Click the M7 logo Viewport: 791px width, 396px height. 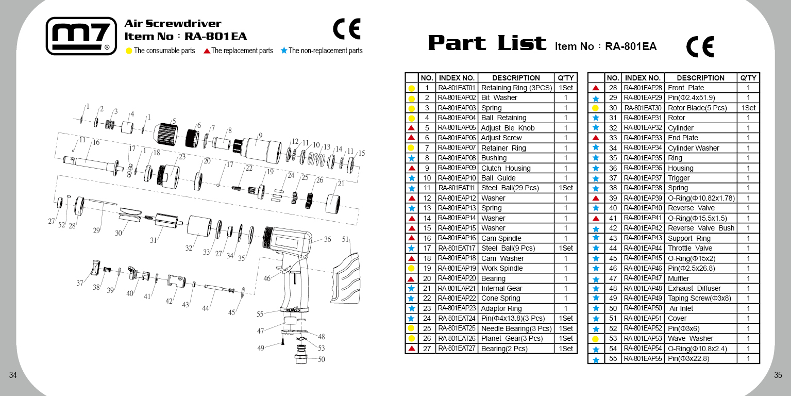click(x=81, y=36)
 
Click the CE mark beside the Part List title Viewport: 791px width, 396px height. click(x=700, y=46)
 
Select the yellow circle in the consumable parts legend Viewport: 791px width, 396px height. click(x=129, y=51)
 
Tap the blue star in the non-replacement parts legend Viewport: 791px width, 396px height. click(x=284, y=51)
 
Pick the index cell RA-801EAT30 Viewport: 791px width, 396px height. click(x=643, y=108)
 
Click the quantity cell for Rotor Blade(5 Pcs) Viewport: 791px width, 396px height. click(x=748, y=108)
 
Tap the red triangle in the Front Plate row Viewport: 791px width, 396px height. click(x=596, y=88)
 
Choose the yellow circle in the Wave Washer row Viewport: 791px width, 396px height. click(x=596, y=339)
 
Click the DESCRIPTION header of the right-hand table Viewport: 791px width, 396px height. click(x=700, y=78)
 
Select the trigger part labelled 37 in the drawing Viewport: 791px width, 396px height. click(x=94, y=268)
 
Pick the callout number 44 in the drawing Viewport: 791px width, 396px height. click(x=206, y=308)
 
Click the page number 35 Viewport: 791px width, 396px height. click(x=778, y=375)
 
